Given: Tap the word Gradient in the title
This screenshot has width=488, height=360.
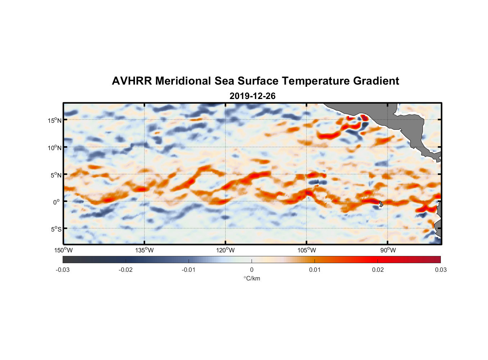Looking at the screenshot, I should click(x=376, y=81).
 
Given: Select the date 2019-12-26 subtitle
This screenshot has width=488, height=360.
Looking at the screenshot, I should click(x=252, y=96).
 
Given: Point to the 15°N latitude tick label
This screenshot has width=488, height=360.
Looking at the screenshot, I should click(x=55, y=120).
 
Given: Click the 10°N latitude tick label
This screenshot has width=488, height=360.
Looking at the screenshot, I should click(x=55, y=148).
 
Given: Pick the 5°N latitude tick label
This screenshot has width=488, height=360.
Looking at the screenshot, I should click(x=56, y=175).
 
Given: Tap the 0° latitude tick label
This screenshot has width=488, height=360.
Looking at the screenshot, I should click(x=57, y=202).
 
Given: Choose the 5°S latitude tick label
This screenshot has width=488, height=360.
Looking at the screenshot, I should click(x=56, y=229).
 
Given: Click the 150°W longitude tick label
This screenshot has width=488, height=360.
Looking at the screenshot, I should click(x=64, y=250).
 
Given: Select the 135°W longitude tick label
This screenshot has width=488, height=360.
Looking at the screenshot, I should click(x=145, y=250).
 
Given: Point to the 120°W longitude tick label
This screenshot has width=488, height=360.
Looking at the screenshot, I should click(x=226, y=250).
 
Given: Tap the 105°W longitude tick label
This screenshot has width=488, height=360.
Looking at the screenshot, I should click(x=307, y=250).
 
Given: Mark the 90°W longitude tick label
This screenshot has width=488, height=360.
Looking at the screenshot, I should click(x=388, y=250).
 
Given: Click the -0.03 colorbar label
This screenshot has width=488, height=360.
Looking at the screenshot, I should click(x=63, y=270).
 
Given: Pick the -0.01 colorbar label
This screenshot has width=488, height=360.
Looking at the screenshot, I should click(x=189, y=270).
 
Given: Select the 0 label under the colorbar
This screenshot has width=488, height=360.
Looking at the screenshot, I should click(x=252, y=270).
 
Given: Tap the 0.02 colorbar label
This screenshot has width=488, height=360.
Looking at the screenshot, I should click(x=378, y=270).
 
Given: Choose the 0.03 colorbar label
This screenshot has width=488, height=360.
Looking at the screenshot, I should click(x=440, y=270).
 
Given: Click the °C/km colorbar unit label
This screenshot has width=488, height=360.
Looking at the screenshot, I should click(x=252, y=278).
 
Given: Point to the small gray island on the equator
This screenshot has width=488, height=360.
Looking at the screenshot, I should click(x=381, y=204).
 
